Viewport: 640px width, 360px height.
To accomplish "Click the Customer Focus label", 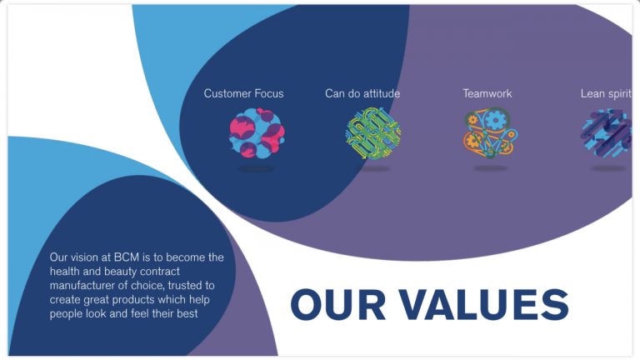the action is click(243, 93).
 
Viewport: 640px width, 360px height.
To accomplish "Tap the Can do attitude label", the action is click(362, 93).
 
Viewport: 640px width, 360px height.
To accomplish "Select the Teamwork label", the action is click(487, 93).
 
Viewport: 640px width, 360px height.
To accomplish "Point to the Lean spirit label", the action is click(606, 94).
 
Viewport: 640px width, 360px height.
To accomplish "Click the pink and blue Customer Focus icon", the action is click(257, 132).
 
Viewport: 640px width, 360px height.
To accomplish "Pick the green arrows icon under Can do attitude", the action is click(373, 133).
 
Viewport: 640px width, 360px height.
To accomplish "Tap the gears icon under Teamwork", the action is click(491, 132).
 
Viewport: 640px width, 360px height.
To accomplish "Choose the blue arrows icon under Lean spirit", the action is click(607, 132).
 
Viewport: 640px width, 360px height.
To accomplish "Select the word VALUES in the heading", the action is click(483, 304).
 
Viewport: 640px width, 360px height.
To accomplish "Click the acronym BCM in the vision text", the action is click(127, 257).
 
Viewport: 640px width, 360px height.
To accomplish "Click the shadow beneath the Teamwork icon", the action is click(491, 168).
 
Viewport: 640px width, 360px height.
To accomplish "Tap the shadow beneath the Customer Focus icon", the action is click(256, 168).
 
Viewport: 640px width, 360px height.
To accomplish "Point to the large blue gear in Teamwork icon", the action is click(495, 119).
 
